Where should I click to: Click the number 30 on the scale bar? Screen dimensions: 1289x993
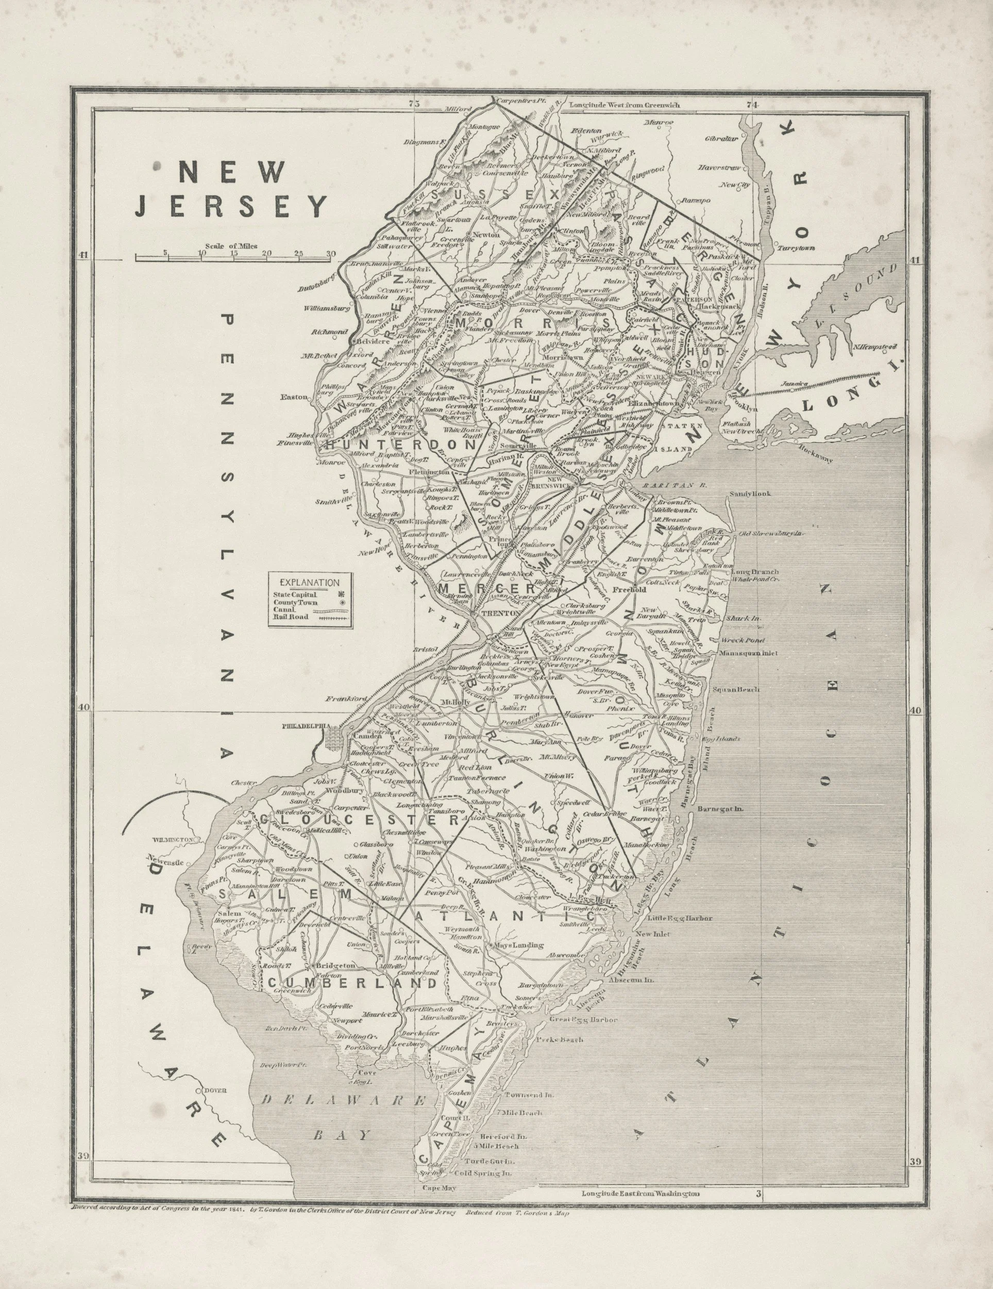click(330, 254)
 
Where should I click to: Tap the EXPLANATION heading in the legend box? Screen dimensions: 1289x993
click(310, 583)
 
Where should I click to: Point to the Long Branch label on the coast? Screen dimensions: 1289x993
click(754, 572)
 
